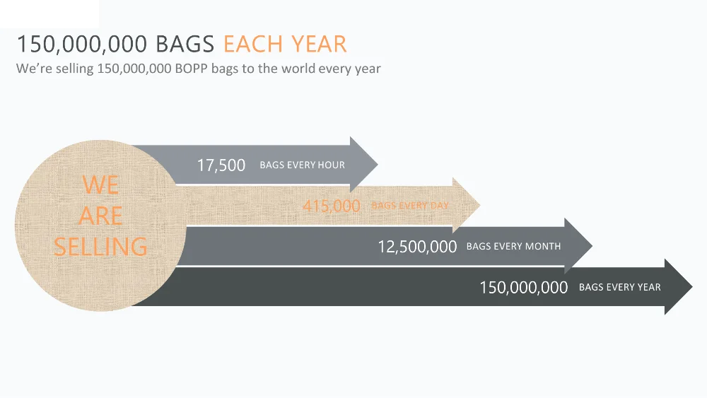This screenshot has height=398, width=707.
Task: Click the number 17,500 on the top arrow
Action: click(x=221, y=165)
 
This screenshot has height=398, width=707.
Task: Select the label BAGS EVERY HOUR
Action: click(x=302, y=165)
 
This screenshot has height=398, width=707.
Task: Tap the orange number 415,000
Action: click(x=332, y=206)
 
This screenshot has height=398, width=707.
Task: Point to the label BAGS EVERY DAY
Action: click(x=410, y=206)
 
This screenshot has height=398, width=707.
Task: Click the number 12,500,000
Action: click(x=417, y=247)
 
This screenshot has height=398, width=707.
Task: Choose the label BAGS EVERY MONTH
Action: click(x=513, y=246)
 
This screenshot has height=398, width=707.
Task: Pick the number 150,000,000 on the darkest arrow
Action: click(x=523, y=288)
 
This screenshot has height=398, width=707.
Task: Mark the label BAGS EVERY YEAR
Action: click(x=620, y=287)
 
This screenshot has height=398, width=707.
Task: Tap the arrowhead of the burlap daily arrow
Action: click(x=466, y=205)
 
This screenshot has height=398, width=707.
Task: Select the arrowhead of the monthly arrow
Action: click(x=578, y=246)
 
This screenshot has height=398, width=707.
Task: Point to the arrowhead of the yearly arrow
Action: click(x=679, y=287)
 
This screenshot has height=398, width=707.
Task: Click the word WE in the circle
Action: click(x=100, y=185)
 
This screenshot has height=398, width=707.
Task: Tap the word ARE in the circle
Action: click(x=100, y=216)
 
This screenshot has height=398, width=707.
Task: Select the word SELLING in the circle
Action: click(x=100, y=247)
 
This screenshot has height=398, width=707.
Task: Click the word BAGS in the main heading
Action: click(x=185, y=44)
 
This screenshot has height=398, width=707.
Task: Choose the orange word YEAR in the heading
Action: click(x=319, y=44)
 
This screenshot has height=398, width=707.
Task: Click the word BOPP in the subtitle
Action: click(x=191, y=69)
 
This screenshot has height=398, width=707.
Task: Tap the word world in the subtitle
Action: click(x=298, y=69)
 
